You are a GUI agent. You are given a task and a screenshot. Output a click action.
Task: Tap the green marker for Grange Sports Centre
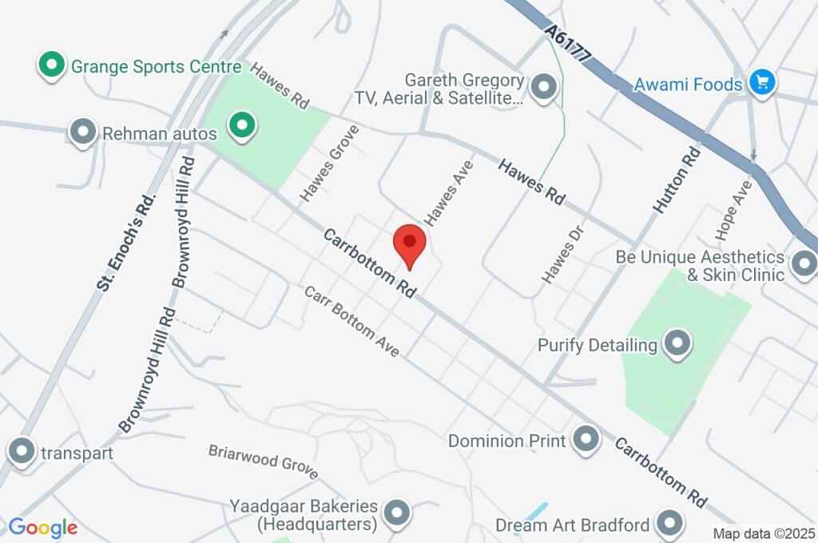point(52,65)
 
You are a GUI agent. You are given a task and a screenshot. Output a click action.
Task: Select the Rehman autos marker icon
point(83,133)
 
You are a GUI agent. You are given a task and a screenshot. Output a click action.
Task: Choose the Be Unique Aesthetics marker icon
point(803,263)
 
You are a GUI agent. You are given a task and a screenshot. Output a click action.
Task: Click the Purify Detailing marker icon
point(677,344)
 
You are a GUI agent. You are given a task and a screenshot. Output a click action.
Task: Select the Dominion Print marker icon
point(586,439)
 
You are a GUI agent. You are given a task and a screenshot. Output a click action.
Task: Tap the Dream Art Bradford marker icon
point(669,524)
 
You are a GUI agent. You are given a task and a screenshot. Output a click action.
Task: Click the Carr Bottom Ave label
point(351,320)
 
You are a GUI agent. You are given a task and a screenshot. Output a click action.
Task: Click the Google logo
point(43,528)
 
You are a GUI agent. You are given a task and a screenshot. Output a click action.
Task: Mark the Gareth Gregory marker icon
point(545,87)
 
